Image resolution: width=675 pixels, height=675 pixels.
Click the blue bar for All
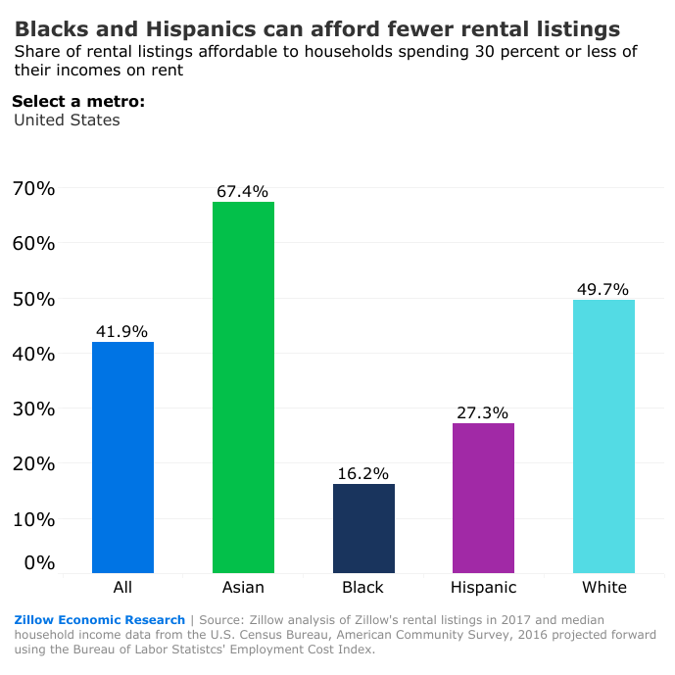point(122,457)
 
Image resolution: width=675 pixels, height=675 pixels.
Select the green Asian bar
point(243,387)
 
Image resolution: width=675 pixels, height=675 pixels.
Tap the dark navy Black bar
point(363,528)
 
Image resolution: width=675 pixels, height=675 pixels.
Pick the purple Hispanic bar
point(483,498)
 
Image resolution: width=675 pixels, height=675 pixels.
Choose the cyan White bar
point(603,436)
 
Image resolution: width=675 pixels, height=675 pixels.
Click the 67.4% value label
point(242,192)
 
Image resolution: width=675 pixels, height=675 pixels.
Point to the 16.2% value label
point(363,473)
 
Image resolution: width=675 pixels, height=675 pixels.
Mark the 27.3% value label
point(483,412)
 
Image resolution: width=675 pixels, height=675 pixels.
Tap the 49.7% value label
point(603,289)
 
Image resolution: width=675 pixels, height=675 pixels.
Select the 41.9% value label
point(122,332)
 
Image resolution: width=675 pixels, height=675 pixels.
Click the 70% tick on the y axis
point(33,188)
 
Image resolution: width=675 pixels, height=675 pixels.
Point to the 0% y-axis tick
point(39,562)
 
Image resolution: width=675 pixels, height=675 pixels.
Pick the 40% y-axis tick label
point(33,354)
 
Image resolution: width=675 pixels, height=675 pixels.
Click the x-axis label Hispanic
point(483,588)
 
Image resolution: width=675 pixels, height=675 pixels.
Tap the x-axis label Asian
point(243,588)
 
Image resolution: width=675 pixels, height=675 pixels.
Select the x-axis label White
point(603,588)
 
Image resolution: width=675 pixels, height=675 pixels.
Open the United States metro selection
point(67,121)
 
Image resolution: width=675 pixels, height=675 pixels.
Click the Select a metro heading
point(78,101)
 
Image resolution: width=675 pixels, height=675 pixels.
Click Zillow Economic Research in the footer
point(99,620)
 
